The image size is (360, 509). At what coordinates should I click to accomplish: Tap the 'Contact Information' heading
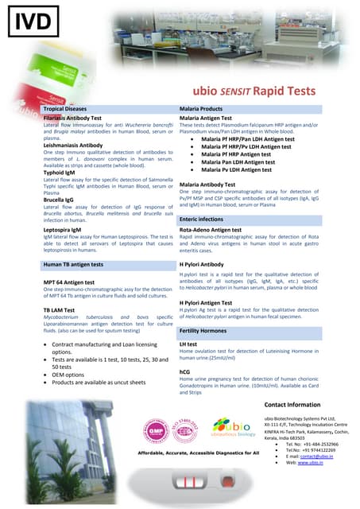coord(303,405)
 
